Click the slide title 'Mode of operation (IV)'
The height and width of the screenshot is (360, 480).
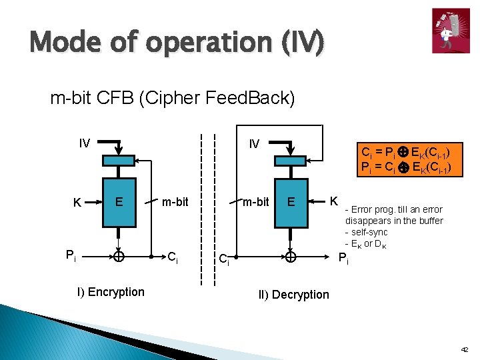point(177,44)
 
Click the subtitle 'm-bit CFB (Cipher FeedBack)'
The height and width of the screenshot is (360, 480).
point(173,98)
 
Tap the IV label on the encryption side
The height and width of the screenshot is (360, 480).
point(85,143)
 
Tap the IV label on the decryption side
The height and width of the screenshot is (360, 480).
point(254,143)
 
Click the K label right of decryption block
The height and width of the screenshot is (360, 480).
point(335,200)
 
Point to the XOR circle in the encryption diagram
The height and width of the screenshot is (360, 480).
point(118,256)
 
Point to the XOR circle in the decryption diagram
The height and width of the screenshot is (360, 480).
point(291,256)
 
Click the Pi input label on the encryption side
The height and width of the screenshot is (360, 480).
point(71,255)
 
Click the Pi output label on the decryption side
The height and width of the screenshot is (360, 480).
point(343,259)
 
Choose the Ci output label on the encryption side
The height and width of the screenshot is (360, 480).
point(172,257)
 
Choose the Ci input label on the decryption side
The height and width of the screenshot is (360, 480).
point(225,260)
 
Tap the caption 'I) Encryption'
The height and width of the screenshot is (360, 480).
point(111,292)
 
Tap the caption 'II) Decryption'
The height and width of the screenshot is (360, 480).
point(293,295)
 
